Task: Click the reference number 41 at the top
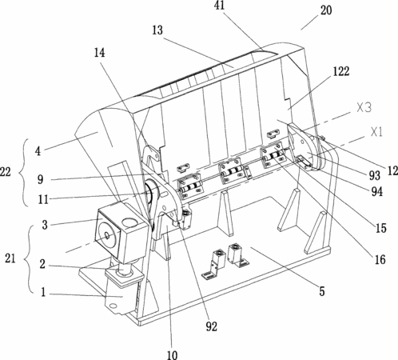point(220,6)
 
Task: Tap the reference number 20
point(326,10)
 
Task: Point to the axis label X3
point(364,108)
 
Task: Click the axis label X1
point(376,132)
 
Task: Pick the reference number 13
point(157,30)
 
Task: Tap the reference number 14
point(99,53)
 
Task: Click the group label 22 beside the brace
point(6,172)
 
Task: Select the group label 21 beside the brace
point(10,258)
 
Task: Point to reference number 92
point(211,326)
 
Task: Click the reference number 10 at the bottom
point(173,355)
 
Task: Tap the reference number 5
point(322,291)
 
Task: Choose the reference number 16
point(380,259)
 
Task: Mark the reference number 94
point(377,191)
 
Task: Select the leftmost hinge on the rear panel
point(190,186)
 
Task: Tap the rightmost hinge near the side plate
point(273,155)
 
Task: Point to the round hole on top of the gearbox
point(129,222)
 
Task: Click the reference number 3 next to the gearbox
point(45,225)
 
